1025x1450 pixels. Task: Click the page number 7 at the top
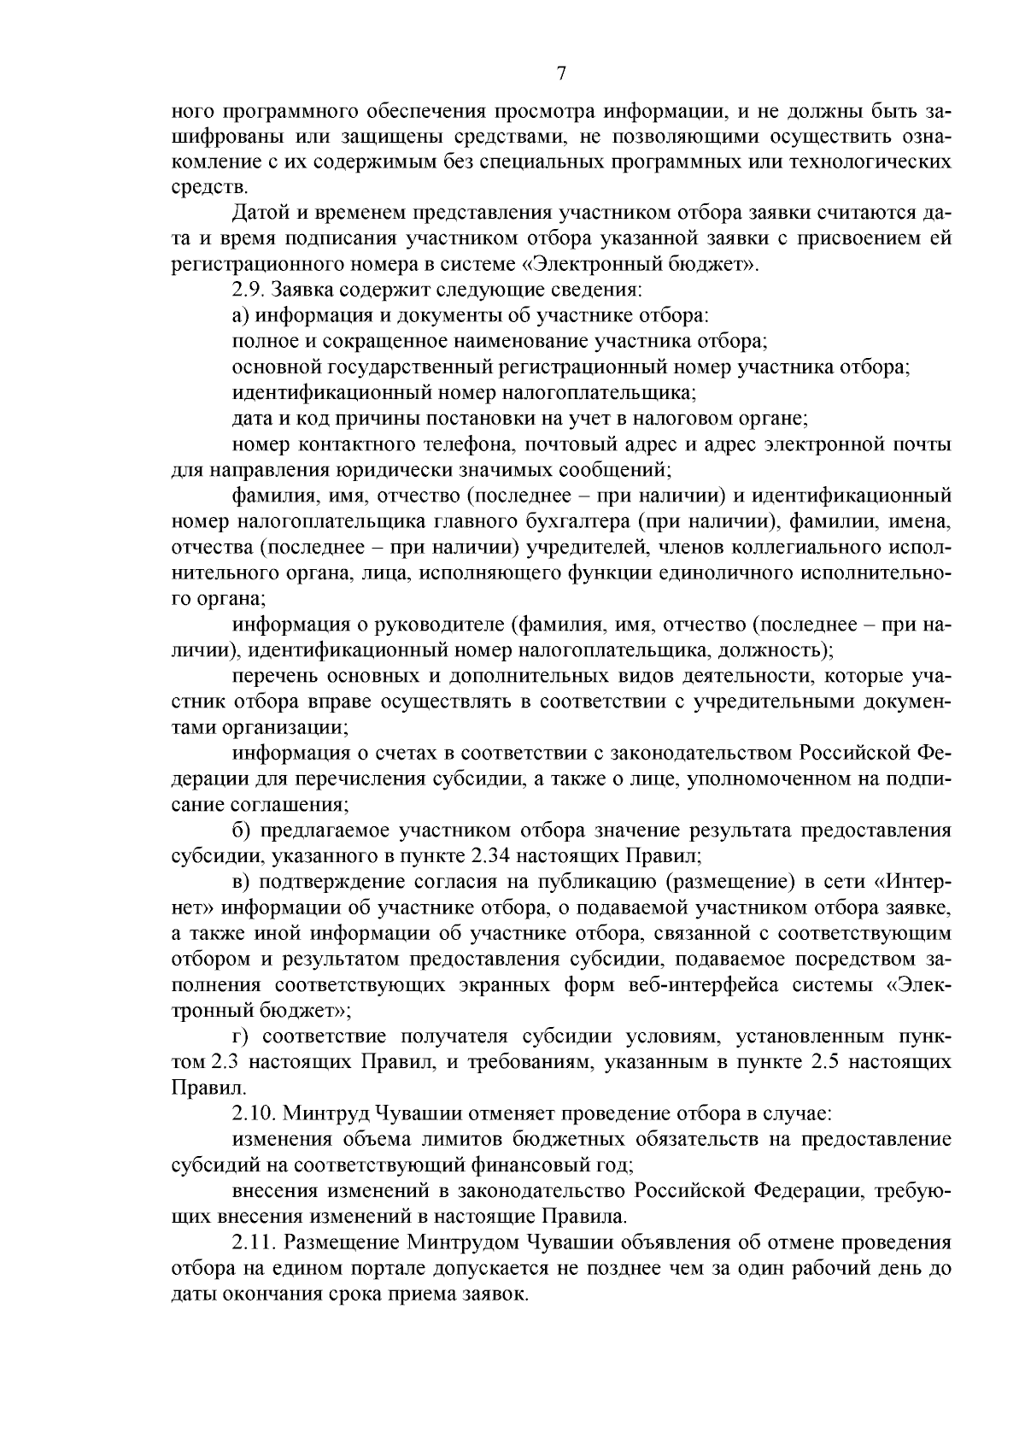(561, 74)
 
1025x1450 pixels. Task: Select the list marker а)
(240, 316)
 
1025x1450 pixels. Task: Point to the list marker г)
(240, 1037)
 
